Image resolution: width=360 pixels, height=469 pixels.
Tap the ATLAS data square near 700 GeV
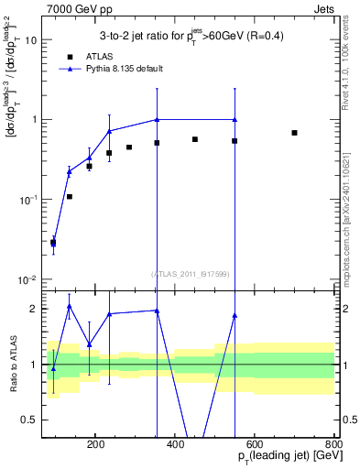coord(294,133)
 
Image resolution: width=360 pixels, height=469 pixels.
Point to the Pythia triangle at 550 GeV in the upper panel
coord(235,120)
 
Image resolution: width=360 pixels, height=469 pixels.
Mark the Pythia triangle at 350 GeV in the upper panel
coord(157,120)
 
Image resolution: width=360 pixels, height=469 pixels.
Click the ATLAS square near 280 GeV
coord(129,147)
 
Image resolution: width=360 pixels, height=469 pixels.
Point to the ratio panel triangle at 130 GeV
coord(70,306)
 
